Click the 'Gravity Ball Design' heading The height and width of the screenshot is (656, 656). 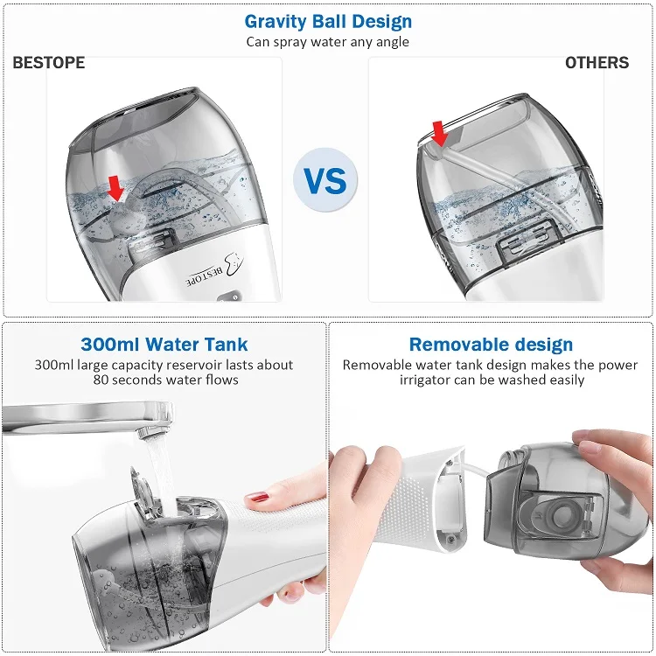point(328,21)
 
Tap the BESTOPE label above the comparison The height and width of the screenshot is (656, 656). point(48,63)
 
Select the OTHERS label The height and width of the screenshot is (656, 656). point(597,63)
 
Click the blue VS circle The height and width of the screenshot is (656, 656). point(325,181)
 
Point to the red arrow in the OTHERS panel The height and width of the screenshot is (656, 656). point(439,134)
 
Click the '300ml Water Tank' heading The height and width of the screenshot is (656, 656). point(164,345)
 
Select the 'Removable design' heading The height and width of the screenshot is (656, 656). point(491,345)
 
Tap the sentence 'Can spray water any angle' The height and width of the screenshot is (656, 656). point(328,41)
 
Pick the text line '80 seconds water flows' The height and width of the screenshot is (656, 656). point(165,380)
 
